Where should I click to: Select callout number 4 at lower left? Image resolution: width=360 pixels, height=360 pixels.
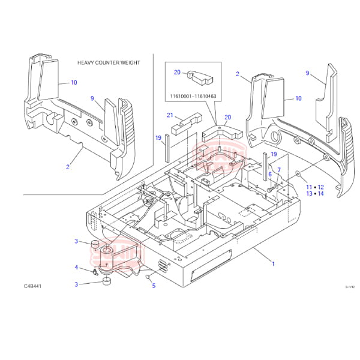click(76, 268)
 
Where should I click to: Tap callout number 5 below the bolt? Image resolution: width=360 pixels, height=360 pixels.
click(154, 286)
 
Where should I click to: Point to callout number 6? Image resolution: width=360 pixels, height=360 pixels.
click(270, 174)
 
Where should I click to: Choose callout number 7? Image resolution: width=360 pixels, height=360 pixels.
click(278, 170)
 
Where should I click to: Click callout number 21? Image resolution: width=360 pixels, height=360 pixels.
click(170, 115)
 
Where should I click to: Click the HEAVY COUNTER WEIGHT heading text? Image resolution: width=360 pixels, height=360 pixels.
click(107, 62)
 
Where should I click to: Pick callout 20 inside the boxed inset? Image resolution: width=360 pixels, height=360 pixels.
click(177, 72)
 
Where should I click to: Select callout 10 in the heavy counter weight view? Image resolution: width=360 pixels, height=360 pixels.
click(74, 82)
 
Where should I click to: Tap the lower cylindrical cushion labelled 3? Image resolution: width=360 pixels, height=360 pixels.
click(107, 281)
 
